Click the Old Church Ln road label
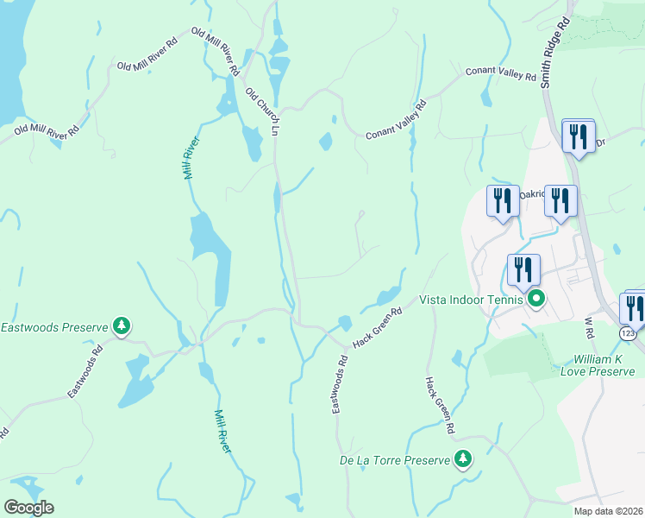click(263, 111)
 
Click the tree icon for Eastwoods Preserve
click(122, 325)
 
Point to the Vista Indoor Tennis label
click(471, 300)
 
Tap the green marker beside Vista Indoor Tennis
click(536, 300)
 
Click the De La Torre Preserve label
click(395, 460)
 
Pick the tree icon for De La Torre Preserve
click(464, 458)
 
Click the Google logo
click(28, 508)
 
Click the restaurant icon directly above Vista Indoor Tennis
click(523, 270)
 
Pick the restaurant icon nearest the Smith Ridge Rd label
click(579, 136)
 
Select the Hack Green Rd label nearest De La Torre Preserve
click(439, 405)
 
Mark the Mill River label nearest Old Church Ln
click(191, 158)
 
